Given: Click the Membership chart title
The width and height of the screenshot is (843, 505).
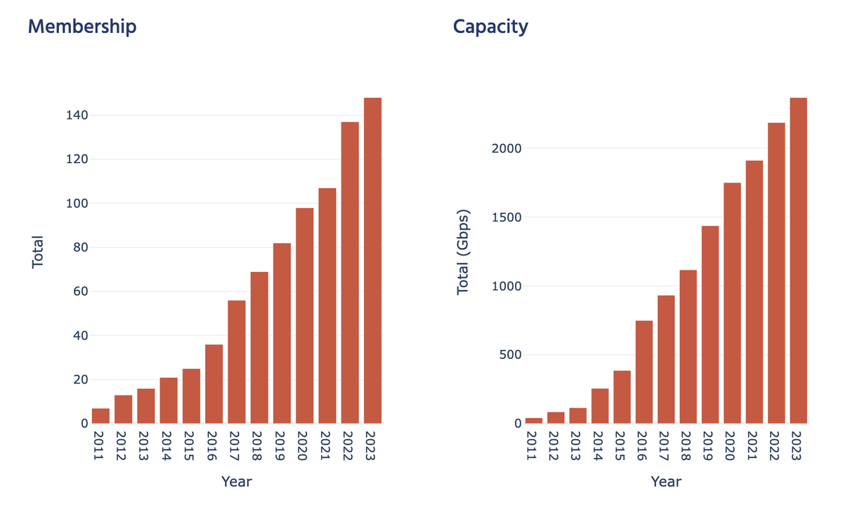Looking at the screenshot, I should (82, 27).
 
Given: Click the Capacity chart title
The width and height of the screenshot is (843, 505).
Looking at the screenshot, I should (490, 27).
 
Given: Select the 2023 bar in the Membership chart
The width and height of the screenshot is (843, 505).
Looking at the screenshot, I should (372, 261).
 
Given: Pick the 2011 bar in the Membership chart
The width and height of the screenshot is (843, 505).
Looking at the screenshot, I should (100, 416).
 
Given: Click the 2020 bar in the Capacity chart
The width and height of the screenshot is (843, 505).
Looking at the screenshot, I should (732, 303).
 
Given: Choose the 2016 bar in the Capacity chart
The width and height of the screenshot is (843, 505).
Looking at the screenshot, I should (644, 372).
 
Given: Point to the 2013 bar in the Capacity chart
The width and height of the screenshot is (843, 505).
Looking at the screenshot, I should (577, 416).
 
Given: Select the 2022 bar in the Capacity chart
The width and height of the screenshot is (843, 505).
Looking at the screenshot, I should (776, 273).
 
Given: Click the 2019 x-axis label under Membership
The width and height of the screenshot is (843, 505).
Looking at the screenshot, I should (282, 446).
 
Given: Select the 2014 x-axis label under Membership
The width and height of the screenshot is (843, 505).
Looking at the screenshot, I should (169, 446).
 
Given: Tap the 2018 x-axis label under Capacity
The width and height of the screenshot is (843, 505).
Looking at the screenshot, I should (688, 446).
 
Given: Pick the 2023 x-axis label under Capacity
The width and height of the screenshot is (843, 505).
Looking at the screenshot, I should (799, 446).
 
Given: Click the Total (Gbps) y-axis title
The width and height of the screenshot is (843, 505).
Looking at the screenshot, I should (463, 251).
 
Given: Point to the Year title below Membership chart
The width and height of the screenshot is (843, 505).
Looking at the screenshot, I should (237, 482).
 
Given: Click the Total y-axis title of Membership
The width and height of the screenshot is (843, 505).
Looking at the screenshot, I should (38, 251).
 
